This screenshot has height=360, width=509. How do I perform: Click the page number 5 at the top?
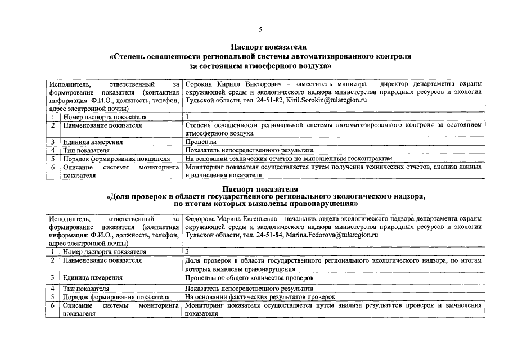pos(260,29)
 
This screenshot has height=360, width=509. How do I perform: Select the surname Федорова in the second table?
pos(202,218)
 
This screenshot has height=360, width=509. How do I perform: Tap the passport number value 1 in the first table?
pos(187,116)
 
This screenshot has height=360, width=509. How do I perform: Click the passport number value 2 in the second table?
pos(187,252)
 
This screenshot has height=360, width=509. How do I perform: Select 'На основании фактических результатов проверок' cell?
pos(260,296)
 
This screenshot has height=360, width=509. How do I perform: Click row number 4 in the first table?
pos(52,150)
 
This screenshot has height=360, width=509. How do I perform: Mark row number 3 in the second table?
pos(52,278)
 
